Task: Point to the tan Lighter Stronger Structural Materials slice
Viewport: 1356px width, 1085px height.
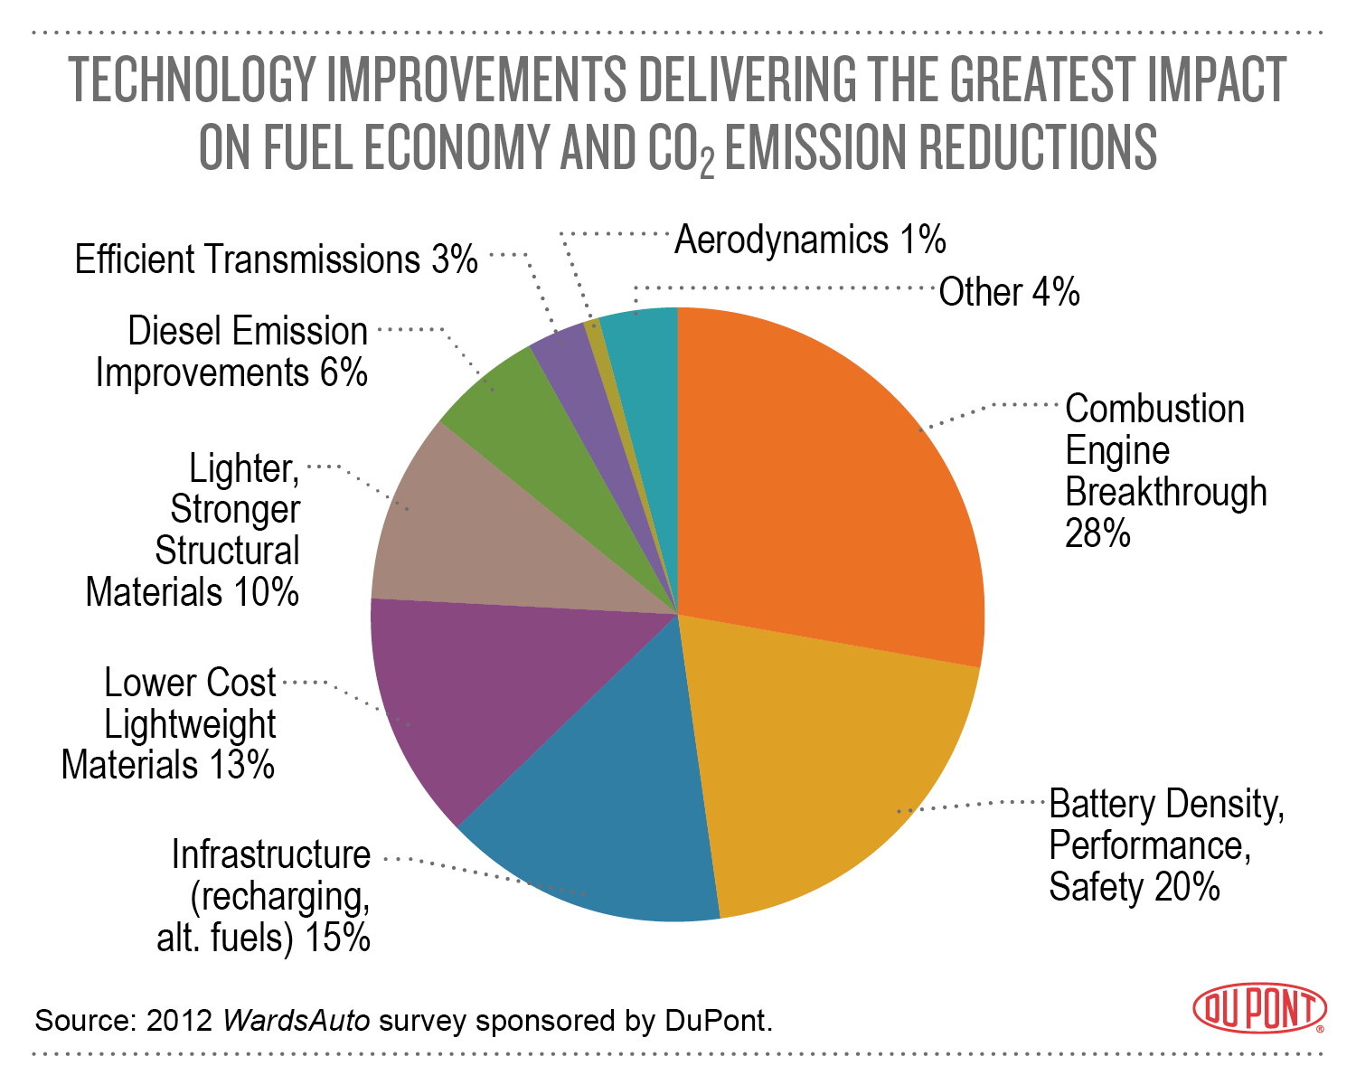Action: coord(470,542)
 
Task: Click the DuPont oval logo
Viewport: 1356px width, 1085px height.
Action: coord(1259,1008)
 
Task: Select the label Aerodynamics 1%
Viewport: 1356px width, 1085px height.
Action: coord(810,241)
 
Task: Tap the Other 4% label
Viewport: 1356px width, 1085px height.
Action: coord(1009,293)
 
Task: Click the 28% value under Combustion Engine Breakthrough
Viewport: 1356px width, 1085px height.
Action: coord(1097,534)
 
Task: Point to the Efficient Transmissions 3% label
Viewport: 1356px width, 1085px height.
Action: coord(276,260)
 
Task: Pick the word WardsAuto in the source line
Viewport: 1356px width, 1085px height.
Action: coord(296,1021)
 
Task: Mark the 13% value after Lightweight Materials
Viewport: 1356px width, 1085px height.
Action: coord(241,766)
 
